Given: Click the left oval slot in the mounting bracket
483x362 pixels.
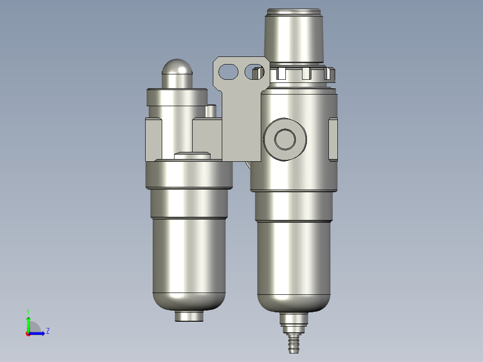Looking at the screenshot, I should click(228, 71).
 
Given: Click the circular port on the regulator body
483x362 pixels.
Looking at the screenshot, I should click(285, 139).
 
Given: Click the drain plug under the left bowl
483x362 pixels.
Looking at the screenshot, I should click(189, 316).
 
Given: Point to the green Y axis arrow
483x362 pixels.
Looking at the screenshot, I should click(28, 323).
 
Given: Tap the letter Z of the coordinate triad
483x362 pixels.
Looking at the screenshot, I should click(47, 331).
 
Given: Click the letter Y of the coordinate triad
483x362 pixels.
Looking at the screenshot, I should click(28, 311).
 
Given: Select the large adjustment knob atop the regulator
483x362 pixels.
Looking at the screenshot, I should click(294, 36).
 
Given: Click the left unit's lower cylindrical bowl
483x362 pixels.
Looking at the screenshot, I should click(189, 260).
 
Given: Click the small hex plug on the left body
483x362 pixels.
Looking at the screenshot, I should click(192, 156).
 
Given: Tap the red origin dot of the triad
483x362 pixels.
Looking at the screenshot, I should click(28, 333).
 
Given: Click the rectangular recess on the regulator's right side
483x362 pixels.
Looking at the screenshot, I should click(333, 139).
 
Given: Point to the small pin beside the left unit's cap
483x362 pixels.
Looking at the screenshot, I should click(211, 110).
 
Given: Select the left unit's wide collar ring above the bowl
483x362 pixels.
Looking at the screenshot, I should click(189, 175).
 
